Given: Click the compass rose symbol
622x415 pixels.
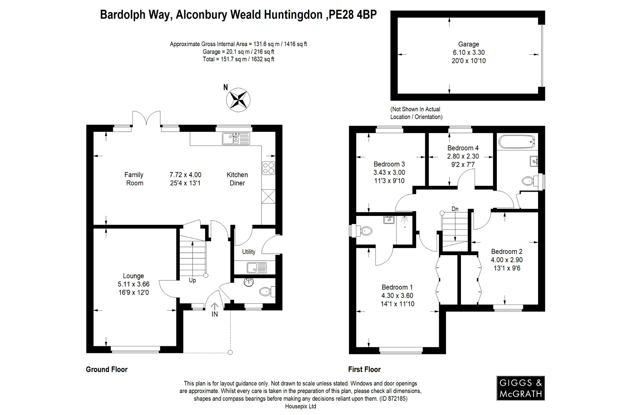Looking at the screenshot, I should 238,100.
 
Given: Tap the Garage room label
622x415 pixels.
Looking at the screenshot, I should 469,44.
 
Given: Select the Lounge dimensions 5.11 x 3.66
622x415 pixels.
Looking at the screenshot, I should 134,284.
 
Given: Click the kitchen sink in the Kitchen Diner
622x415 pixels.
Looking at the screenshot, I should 236,139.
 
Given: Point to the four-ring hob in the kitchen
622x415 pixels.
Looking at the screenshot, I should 268,168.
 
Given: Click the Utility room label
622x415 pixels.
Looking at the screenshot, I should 248,252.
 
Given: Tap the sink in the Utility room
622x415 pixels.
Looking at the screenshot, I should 257,268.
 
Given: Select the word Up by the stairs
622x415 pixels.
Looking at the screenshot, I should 192,280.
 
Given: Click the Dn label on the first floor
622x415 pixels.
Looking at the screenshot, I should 455,209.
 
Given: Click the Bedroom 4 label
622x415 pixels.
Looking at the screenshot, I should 463,148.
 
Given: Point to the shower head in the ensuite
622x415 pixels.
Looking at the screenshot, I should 405,220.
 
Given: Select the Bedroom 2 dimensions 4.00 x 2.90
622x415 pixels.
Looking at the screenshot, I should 507,260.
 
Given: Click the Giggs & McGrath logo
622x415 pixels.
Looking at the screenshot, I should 521,388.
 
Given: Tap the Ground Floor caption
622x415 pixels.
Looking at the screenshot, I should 107,369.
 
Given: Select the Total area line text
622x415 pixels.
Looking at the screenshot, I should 238,59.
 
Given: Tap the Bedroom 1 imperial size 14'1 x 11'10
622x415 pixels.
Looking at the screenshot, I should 397,304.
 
